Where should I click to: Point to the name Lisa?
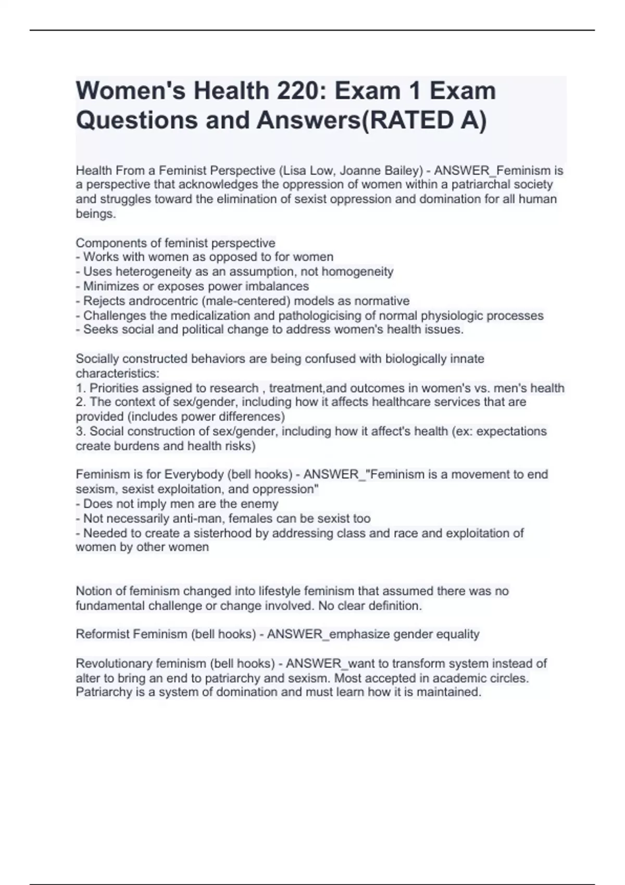(x=294, y=170)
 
